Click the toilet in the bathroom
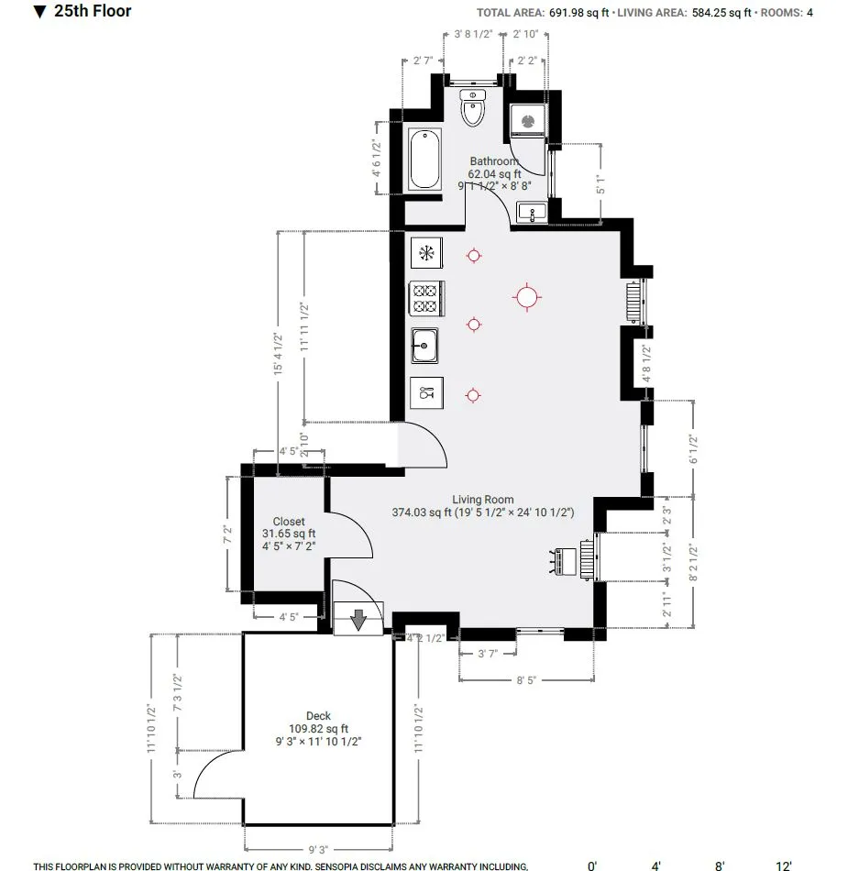(x=473, y=109)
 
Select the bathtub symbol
(x=424, y=160)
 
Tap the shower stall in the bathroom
(x=528, y=118)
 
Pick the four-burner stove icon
(x=426, y=298)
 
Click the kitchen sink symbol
(x=425, y=346)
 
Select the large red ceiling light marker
(x=526, y=296)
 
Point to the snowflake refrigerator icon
(x=426, y=252)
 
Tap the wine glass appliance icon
(x=426, y=393)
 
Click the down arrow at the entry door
(x=358, y=621)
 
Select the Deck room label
(x=318, y=716)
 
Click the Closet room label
(x=289, y=521)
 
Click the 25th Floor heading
(x=93, y=12)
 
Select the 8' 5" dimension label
(x=526, y=680)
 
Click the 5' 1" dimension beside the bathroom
(x=600, y=183)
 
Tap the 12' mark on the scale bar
(x=784, y=865)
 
